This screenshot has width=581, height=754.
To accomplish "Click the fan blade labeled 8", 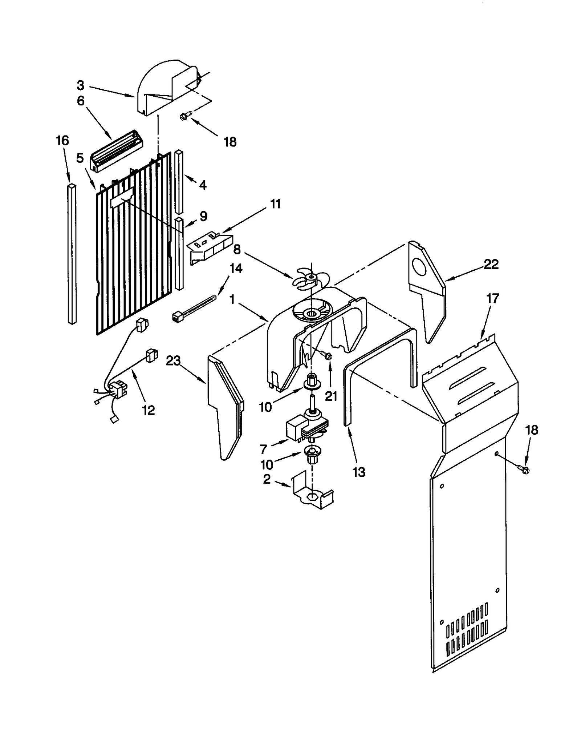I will coord(307,279).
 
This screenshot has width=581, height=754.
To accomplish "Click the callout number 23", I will coord(173,361).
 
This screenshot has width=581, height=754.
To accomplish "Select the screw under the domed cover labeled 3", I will coord(184,116).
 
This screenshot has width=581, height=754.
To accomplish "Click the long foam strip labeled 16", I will coord(72,254).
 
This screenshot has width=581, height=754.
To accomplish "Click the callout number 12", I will coord(149,411).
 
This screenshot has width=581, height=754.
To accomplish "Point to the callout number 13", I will coord(359,472).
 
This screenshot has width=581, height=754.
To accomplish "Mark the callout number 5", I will coord(80,158).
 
